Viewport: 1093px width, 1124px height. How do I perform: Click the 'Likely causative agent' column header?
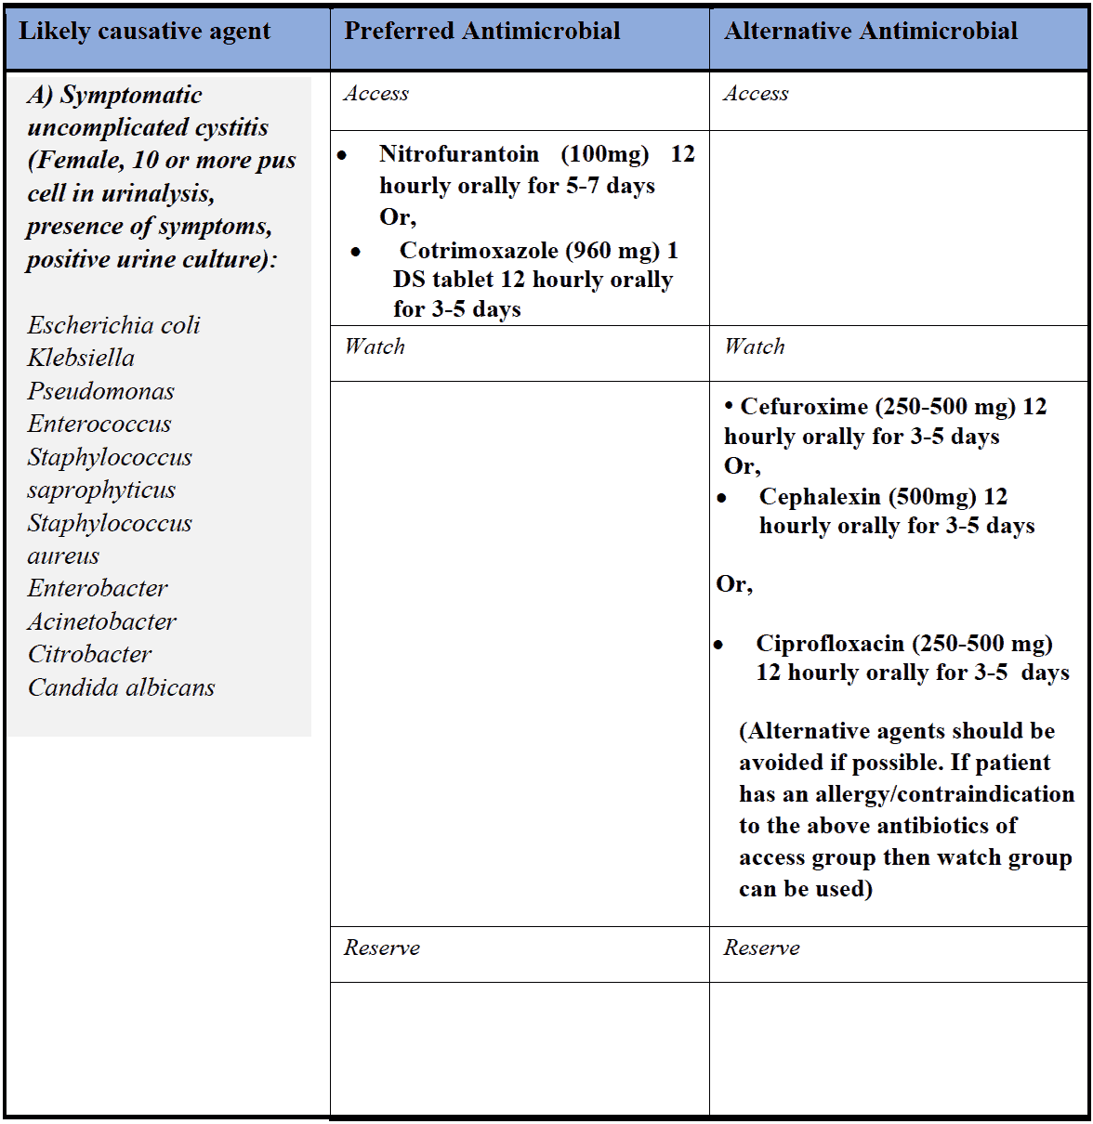(145, 32)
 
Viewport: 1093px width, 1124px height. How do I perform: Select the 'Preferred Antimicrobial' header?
(482, 32)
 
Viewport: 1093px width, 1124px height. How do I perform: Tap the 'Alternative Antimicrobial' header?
(871, 32)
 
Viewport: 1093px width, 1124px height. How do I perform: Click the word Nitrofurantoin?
(459, 154)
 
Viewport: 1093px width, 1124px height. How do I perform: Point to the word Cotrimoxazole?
(479, 251)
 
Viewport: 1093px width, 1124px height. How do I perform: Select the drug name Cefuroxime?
(805, 407)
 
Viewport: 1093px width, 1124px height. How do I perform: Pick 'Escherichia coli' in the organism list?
(113, 325)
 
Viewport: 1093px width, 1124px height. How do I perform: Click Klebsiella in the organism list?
(81, 358)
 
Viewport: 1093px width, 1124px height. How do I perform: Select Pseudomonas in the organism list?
(100, 391)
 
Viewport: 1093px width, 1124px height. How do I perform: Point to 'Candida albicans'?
(121, 687)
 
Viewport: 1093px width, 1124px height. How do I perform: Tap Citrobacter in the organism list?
(89, 654)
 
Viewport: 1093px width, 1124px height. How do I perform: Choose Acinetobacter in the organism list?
(101, 621)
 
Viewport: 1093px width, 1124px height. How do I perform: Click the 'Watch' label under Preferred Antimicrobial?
(375, 346)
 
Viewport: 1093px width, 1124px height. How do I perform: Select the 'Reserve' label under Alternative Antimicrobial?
(761, 948)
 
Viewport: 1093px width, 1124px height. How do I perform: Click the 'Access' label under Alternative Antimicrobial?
(756, 94)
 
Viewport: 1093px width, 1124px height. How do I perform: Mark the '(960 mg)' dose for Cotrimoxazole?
(613, 251)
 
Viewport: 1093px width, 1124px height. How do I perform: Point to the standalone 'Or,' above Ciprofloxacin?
(734, 584)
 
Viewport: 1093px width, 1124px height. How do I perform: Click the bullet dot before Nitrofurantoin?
(342, 155)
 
